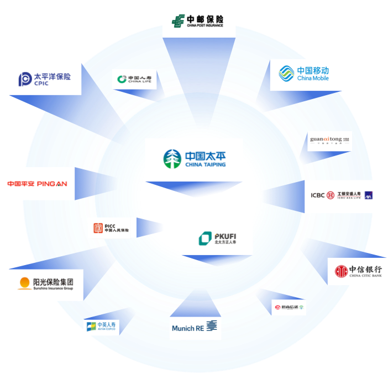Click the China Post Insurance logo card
click(x=198, y=21)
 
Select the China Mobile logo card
click(x=306, y=74)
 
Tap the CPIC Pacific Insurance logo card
click(x=45, y=79)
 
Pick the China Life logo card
click(x=134, y=80)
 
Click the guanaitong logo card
click(x=329, y=141)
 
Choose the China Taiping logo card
click(x=193, y=159)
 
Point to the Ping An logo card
click(x=37, y=183)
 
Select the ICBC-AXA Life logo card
click(x=342, y=196)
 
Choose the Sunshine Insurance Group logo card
click(x=46, y=284)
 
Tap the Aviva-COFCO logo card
click(x=101, y=327)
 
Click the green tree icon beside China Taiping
click(x=172, y=159)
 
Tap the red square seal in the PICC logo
click(x=98, y=228)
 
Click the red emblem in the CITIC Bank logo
click(x=341, y=271)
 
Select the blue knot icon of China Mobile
click(x=286, y=74)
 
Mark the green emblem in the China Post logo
click(x=178, y=21)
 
